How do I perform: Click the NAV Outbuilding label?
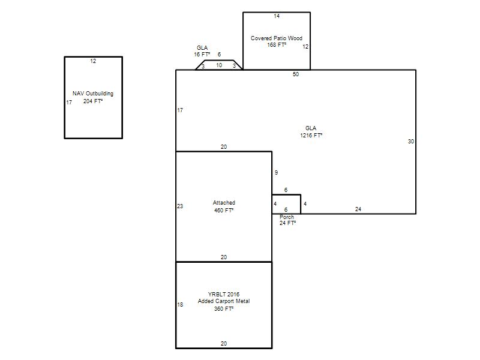click(x=93, y=94)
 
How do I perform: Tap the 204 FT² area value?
click(x=93, y=101)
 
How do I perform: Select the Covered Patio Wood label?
click(x=277, y=38)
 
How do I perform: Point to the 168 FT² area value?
click(x=277, y=44)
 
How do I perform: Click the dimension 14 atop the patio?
click(x=277, y=16)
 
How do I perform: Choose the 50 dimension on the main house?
click(x=296, y=74)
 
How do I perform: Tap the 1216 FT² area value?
click(x=311, y=136)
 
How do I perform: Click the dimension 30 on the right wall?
click(x=411, y=142)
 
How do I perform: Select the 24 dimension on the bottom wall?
click(x=358, y=209)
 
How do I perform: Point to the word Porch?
click(x=287, y=217)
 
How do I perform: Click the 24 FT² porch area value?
click(x=287, y=223)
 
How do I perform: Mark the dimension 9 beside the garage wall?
click(x=276, y=173)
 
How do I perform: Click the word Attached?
click(x=224, y=203)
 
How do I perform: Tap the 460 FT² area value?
click(x=224, y=211)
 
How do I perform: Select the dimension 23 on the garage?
click(x=180, y=206)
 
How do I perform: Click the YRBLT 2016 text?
click(x=224, y=295)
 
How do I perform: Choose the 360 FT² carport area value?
click(x=224, y=309)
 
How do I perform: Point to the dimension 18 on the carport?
click(x=180, y=305)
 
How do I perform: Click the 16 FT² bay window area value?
click(x=202, y=55)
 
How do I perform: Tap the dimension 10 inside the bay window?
click(x=219, y=65)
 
